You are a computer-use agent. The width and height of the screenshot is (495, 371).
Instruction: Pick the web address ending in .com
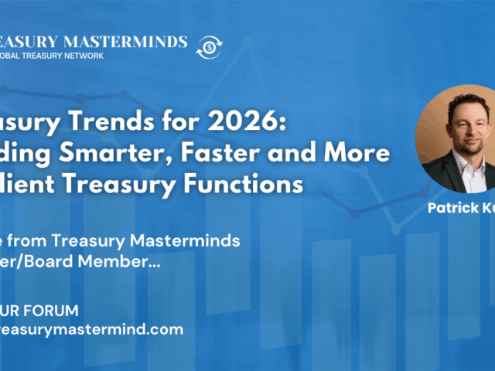click(91, 328)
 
